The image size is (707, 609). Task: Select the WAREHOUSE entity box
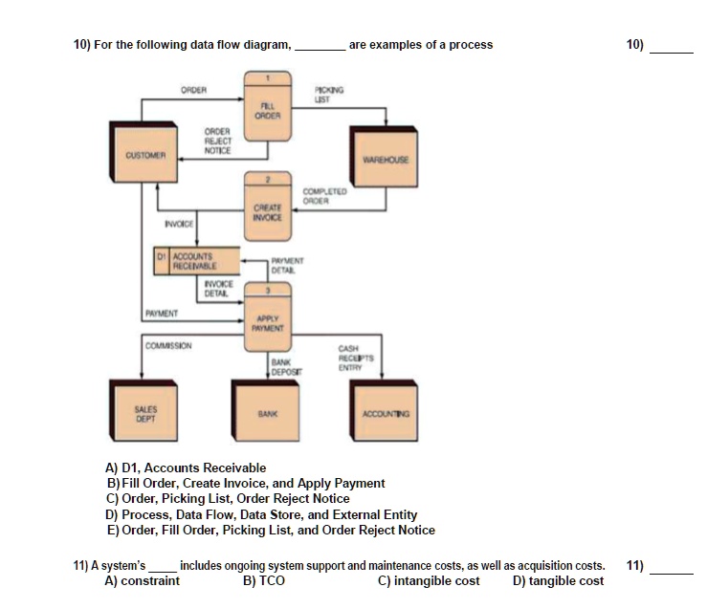point(386,161)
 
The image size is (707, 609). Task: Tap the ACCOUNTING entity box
point(386,413)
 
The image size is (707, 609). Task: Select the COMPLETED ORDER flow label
point(318,198)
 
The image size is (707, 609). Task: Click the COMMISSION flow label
point(167,344)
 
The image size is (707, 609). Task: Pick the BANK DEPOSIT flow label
point(283,366)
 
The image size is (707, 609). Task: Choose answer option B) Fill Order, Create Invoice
point(246,483)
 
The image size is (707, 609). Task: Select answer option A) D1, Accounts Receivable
point(186,468)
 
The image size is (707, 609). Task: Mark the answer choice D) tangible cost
point(558,580)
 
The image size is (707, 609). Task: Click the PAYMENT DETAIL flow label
point(287,265)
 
